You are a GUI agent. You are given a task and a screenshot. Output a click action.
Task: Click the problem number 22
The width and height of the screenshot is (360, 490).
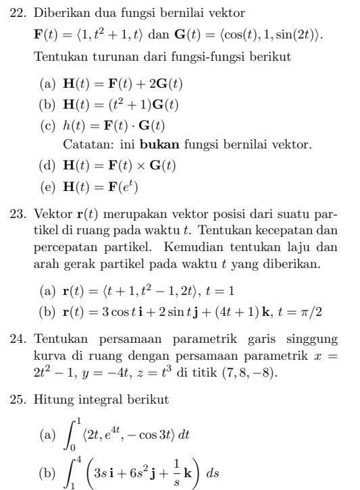coord(21,13)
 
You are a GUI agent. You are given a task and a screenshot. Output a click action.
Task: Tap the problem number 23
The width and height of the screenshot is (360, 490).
coord(21,215)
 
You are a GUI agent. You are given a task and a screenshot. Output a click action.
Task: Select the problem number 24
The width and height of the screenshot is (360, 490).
coord(21,337)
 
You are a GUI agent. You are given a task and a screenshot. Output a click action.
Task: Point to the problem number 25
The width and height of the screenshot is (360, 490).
coord(21,400)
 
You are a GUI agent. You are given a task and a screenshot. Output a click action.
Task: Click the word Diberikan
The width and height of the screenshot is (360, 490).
coord(60,13)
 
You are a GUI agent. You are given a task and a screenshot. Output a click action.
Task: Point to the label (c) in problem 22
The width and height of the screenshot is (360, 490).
coord(48,125)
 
